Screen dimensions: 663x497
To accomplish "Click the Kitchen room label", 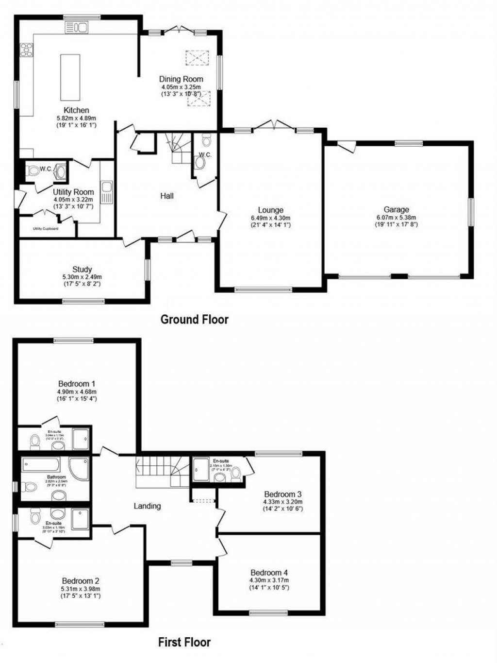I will point(76,110).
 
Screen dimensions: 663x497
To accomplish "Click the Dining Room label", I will point(182,79).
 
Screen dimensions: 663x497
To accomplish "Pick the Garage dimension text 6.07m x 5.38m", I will point(396,218).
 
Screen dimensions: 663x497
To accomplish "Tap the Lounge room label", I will point(270,210).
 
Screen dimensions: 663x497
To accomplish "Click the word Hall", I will point(167,196).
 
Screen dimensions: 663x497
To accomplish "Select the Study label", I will point(82,270).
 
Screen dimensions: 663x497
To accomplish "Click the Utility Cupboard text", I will point(46,228).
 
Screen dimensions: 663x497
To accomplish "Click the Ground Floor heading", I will point(194,319).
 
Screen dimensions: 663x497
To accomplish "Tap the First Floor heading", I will point(184,642).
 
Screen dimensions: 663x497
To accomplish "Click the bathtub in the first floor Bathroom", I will point(41,464).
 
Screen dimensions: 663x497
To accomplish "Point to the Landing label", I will point(147,506).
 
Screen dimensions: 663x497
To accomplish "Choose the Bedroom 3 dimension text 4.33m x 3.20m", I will point(282,502).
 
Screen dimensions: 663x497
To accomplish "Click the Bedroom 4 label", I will point(269,573).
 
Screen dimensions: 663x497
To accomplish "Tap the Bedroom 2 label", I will point(81,581).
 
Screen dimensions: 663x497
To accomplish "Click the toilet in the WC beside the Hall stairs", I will point(206,141).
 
